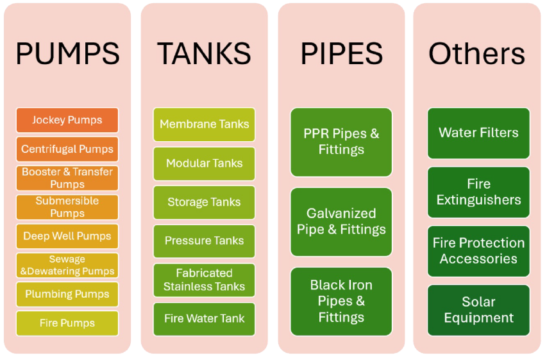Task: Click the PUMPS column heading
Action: [x=67, y=54]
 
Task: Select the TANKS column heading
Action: [x=204, y=54]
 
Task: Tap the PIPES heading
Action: [x=341, y=54]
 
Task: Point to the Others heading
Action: [x=477, y=54]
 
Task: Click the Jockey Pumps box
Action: [x=67, y=120]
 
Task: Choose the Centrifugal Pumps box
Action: [x=67, y=149]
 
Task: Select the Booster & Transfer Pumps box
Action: [x=67, y=178]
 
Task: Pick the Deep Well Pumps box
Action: [x=67, y=236]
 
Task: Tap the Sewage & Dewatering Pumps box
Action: [x=67, y=265]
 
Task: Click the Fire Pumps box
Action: [x=67, y=323]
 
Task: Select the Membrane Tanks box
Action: [x=204, y=124]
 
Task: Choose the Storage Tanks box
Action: [x=204, y=202]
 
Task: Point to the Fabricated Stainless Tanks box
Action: [x=204, y=280]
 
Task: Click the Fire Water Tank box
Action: [x=204, y=318]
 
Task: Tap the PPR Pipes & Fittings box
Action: [x=341, y=142]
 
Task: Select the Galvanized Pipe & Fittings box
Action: [x=341, y=221]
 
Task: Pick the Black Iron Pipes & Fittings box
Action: [x=341, y=301]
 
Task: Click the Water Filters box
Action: [x=478, y=133]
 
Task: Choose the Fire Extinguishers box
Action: [x=478, y=192]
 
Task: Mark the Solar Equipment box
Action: [x=478, y=310]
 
